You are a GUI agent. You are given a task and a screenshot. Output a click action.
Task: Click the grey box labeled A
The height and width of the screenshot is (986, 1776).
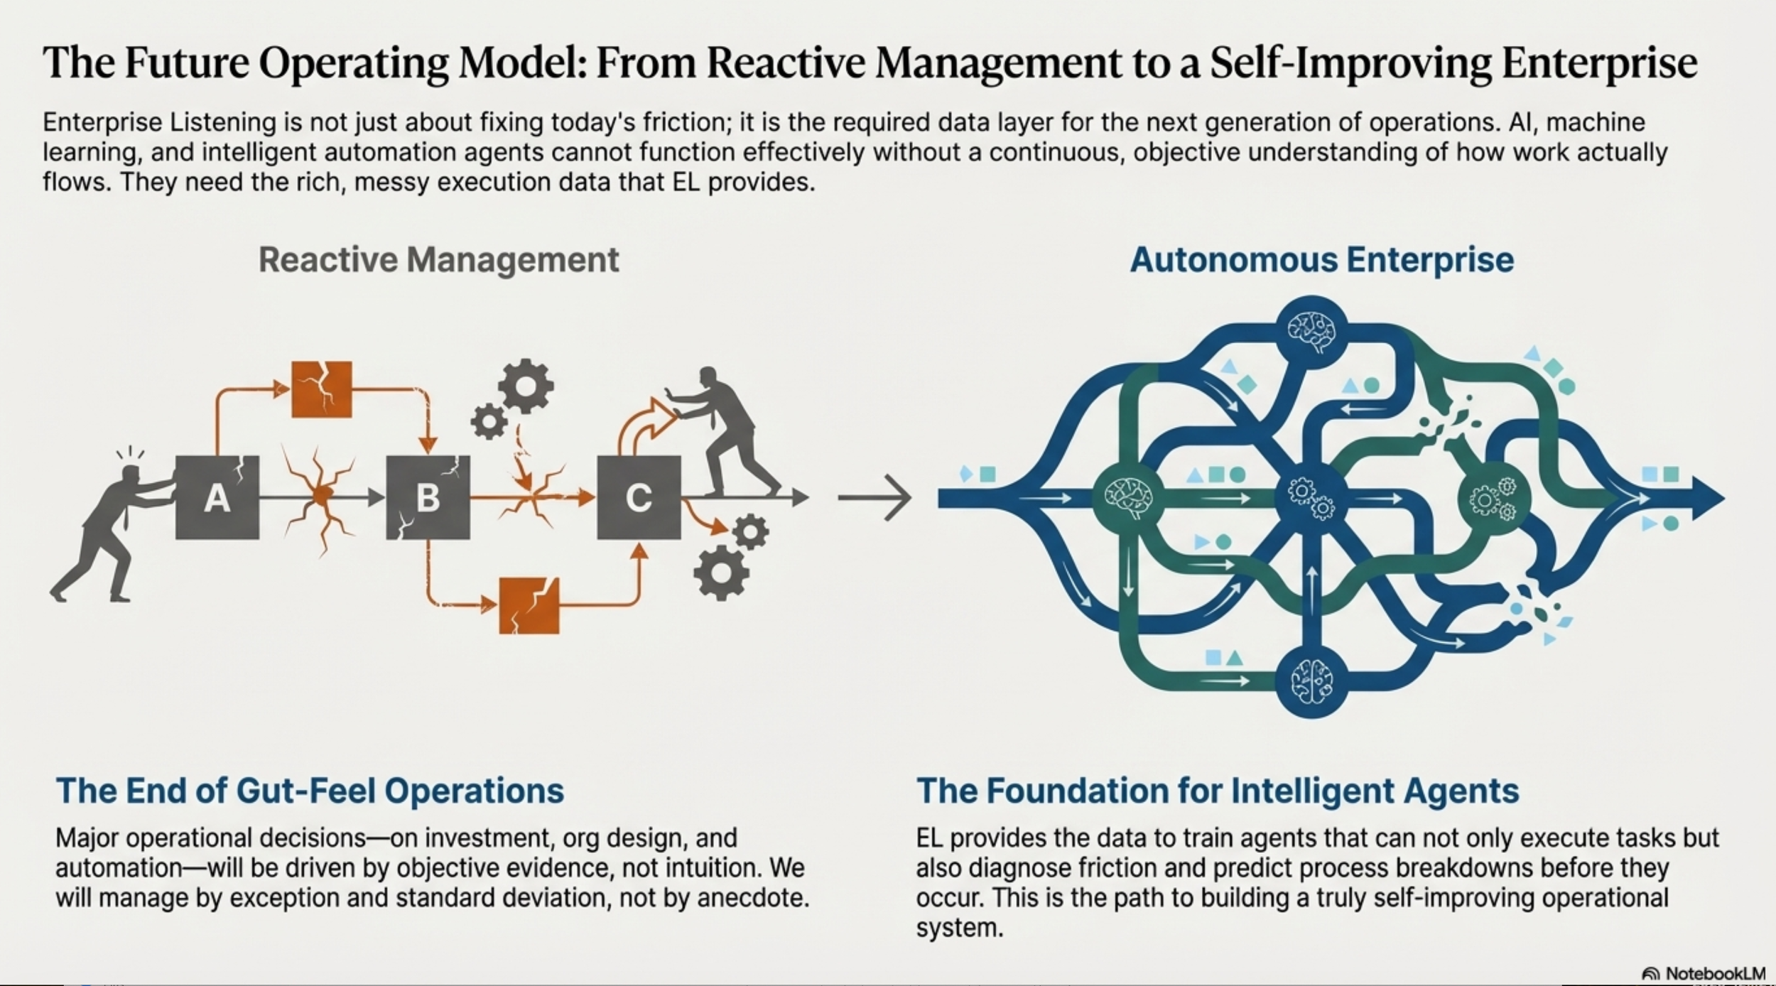[x=217, y=497]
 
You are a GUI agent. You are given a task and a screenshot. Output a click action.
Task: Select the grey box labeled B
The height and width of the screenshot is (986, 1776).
[x=428, y=497]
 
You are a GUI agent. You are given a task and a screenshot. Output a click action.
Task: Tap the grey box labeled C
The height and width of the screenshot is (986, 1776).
[x=639, y=497]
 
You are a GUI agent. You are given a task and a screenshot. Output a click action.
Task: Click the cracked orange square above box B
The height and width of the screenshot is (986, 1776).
[x=322, y=389]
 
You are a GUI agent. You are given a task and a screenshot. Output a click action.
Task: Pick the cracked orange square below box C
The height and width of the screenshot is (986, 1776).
[x=529, y=605]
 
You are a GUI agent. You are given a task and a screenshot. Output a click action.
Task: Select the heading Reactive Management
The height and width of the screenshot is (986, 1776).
[x=438, y=260]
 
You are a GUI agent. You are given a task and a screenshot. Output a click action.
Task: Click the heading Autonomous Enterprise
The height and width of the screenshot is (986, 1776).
[x=1321, y=260]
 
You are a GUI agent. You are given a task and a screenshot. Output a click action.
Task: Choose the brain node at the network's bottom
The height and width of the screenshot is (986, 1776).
[x=1311, y=681]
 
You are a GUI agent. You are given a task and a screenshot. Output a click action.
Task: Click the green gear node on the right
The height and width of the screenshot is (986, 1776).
[x=1493, y=497]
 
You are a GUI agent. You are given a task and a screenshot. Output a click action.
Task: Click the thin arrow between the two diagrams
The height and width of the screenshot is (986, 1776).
[x=875, y=497]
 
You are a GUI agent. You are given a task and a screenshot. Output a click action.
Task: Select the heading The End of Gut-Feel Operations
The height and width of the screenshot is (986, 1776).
[x=310, y=791]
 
